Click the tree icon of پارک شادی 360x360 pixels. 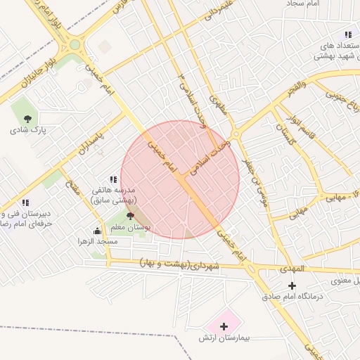click(x=27, y=119)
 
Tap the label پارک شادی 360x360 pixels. click(x=27, y=131)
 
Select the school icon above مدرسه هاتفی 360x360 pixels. click(x=113, y=179)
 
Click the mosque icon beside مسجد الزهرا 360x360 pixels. click(x=97, y=231)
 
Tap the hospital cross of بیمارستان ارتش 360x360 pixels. click(x=224, y=326)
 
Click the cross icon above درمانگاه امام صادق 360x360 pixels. click(x=292, y=285)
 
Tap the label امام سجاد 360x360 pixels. click(x=304, y=4)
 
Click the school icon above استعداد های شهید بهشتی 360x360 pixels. click(x=347, y=34)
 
